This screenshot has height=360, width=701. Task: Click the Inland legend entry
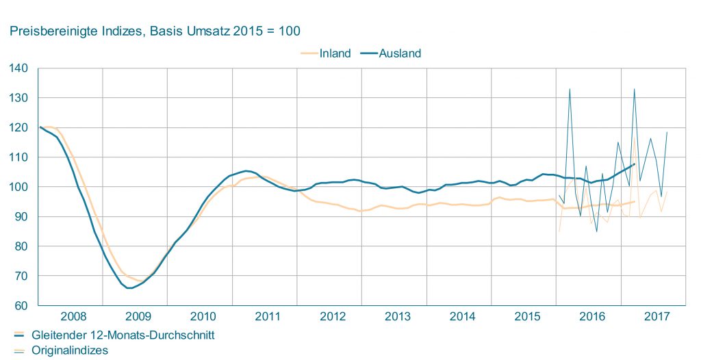click(335, 53)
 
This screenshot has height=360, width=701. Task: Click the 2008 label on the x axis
click(73, 316)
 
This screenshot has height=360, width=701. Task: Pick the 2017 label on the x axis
click(657, 316)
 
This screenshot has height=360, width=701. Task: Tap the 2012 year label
click(333, 316)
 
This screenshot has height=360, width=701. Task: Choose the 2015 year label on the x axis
click(527, 316)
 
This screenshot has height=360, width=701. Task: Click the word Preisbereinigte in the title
click(48, 31)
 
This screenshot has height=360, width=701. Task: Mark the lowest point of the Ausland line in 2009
click(129, 288)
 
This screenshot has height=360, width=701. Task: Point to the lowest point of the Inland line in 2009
click(140, 281)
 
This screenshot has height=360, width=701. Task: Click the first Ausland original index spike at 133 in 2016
click(570, 89)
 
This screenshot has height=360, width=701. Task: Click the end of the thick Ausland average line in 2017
click(635, 164)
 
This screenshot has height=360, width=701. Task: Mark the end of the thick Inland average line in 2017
click(635, 202)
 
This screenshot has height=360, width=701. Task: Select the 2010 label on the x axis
click(203, 316)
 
